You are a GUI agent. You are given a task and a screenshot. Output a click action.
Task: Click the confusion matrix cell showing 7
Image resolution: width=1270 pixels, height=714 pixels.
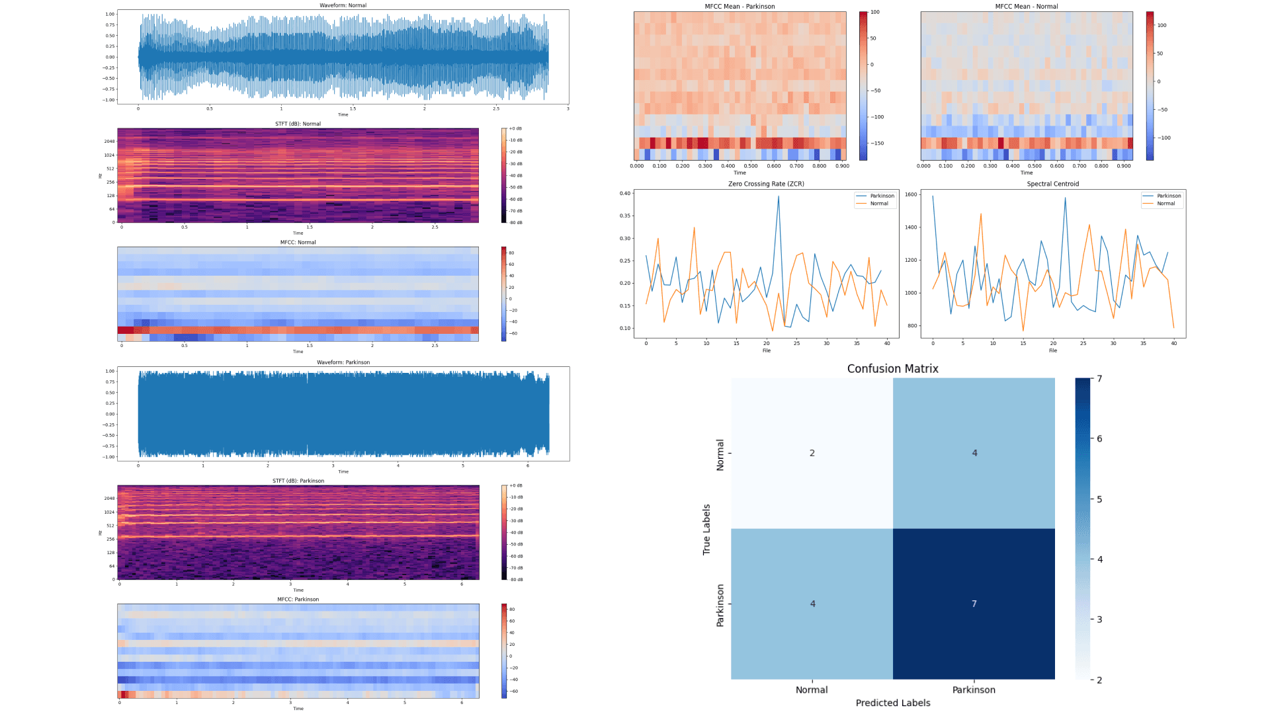[974, 604]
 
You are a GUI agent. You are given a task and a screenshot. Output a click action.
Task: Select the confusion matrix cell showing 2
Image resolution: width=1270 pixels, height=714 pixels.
[812, 453]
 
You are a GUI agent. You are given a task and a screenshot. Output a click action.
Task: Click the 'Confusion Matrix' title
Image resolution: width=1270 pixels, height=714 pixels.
[892, 369]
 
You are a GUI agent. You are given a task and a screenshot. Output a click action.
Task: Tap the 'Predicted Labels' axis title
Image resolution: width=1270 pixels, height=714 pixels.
[892, 703]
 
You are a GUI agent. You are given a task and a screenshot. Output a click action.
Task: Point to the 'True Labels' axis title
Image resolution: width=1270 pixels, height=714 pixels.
[706, 529]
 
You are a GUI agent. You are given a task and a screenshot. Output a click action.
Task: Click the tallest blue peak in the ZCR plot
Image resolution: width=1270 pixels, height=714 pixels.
[779, 196]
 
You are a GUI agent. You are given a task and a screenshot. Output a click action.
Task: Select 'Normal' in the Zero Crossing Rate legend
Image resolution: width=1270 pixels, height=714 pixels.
[879, 204]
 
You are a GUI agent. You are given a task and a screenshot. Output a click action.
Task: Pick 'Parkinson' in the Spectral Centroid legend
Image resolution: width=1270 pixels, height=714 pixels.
[1169, 196]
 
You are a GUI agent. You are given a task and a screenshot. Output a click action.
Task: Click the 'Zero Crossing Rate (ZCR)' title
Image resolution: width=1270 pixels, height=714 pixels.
[766, 184]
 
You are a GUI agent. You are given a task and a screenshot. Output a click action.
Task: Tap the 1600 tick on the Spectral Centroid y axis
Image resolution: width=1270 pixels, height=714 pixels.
[911, 194]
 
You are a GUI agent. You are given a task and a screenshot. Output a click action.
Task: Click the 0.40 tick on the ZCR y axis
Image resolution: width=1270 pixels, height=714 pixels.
[625, 194]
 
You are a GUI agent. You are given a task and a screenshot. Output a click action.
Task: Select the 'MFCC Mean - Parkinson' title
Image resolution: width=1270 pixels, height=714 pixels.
[740, 7]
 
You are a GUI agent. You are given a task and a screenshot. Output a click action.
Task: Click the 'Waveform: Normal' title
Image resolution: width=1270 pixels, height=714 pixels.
[343, 5]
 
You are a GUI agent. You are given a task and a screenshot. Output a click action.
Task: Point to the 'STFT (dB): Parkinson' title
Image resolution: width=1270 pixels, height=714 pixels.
[298, 481]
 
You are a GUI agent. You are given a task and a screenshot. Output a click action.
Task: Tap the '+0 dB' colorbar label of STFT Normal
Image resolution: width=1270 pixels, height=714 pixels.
[515, 128]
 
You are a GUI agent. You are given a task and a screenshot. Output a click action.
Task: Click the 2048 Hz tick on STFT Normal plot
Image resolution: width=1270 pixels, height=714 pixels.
[109, 141]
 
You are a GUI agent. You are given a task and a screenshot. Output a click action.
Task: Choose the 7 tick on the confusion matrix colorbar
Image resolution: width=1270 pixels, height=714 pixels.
[1099, 379]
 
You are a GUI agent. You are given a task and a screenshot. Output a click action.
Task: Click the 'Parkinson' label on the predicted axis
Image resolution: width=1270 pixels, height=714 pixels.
[974, 690]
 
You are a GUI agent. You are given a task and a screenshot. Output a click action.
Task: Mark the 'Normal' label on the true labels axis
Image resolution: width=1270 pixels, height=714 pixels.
[720, 454]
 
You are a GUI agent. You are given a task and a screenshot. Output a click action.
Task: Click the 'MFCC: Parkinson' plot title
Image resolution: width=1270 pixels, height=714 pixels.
[298, 599]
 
